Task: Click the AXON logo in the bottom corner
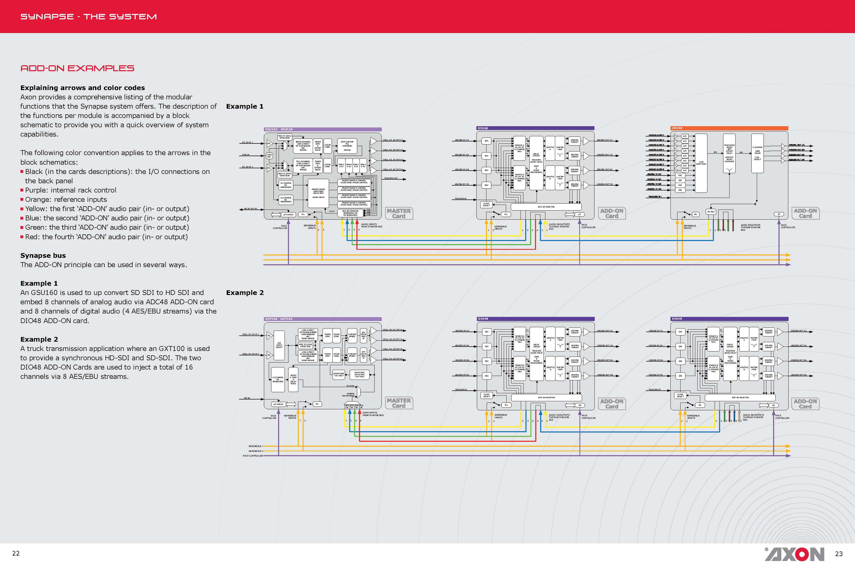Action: [x=795, y=554]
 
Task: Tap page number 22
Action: [x=16, y=553]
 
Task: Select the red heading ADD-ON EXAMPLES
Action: [x=77, y=68]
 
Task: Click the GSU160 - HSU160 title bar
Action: [x=322, y=129]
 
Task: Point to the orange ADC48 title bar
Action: [x=729, y=128]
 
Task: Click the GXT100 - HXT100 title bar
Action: [x=322, y=319]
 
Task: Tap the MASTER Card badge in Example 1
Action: [x=399, y=213]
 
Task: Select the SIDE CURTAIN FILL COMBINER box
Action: [x=347, y=146]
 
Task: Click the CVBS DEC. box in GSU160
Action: [x=269, y=156]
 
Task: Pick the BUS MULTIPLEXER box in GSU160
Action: [x=350, y=213]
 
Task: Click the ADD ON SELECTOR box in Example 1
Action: [x=546, y=207]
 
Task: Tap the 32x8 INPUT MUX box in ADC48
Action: [x=701, y=163]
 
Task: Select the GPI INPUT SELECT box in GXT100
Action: [x=279, y=345]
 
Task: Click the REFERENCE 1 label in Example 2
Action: [x=255, y=446]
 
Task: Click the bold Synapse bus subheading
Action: [x=43, y=255]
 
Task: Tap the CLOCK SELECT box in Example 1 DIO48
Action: [x=486, y=204]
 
